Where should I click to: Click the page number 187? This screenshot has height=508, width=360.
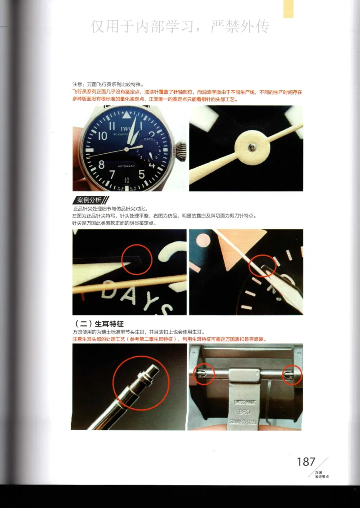point(306,462)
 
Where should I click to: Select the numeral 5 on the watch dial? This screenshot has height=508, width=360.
point(141,174)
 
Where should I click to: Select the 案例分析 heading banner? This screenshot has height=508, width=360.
point(90,200)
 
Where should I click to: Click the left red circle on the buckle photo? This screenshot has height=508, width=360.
point(203,374)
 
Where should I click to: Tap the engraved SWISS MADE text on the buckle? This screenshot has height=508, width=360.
point(245,402)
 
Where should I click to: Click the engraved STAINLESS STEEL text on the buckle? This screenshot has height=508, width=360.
point(245,422)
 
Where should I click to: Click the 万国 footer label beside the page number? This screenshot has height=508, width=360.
point(318,472)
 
